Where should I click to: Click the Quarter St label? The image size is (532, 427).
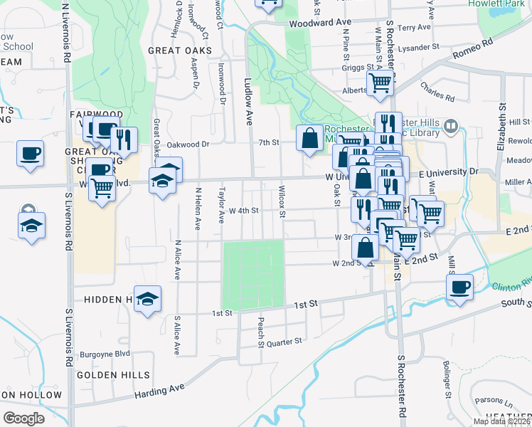click(x=284, y=342)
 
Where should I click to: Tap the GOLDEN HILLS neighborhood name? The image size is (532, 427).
click(x=113, y=374)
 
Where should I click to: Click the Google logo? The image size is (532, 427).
click(x=23, y=418)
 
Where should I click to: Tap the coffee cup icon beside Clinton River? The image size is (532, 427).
click(x=459, y=288)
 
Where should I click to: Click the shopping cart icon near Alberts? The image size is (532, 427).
click(x=380, y=83)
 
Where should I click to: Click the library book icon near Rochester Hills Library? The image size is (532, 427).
click(x=449, y=126)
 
